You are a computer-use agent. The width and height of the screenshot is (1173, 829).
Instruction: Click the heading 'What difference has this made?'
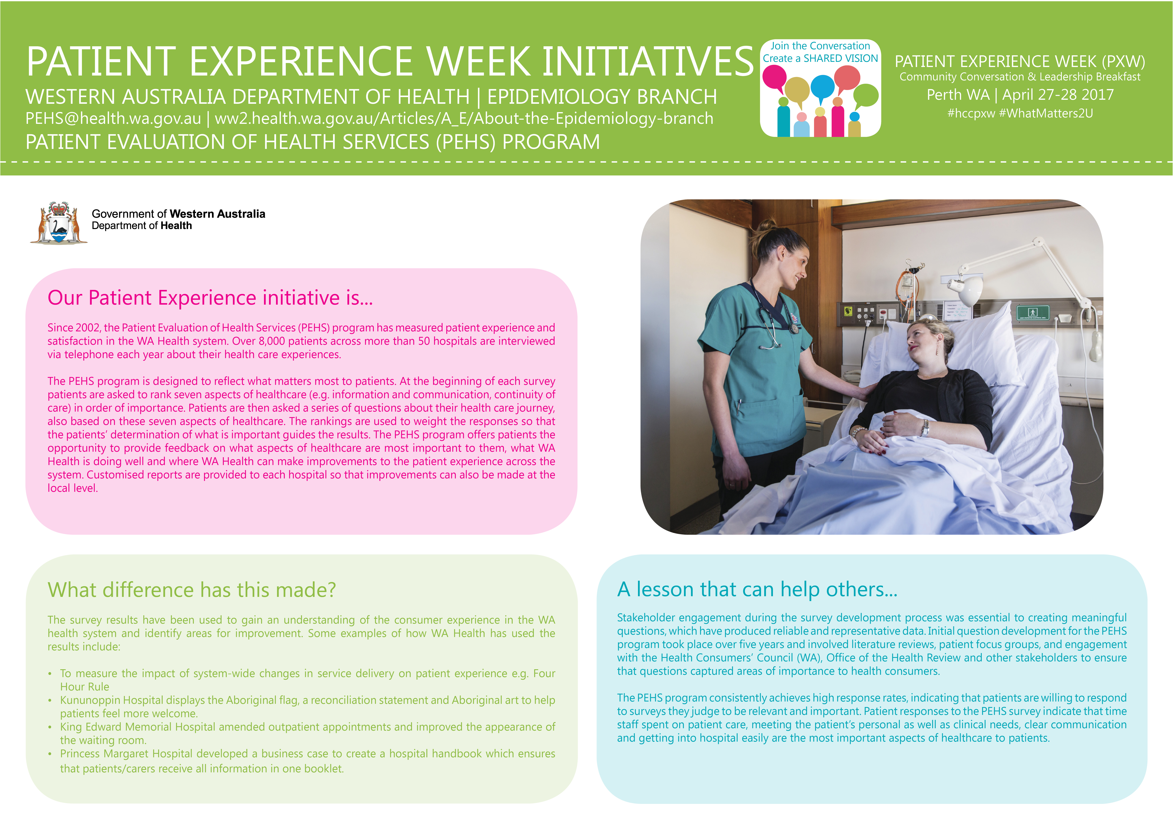tap(192, 590)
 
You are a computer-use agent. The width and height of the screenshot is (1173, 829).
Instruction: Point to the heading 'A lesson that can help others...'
tap(757, 589)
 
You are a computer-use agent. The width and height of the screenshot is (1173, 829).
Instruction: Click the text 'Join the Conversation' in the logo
tap(820, 46)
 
